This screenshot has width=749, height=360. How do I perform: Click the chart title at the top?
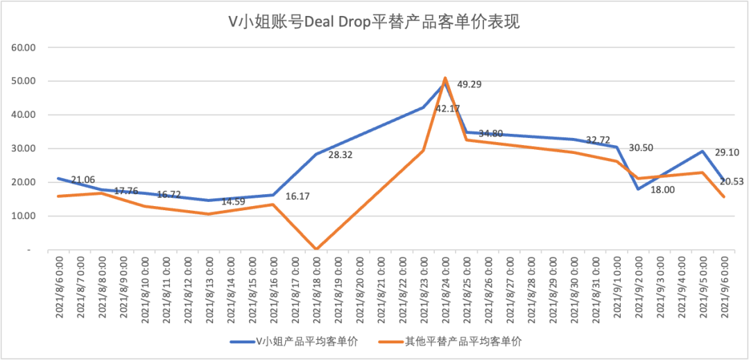pyautogui.click(x=374, y=22)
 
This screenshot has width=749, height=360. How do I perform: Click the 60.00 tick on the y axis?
pyautogui.click(x=24, y=47)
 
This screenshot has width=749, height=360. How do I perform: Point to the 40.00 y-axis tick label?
pyautogui.click(x=24, y=115)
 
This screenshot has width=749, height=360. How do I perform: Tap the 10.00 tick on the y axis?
pyautogui.click(x=24, y=216)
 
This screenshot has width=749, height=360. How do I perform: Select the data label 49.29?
pyautogui.click(x=469, y=85)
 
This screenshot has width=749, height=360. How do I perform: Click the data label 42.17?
pyautogui.click(x=448, y=108)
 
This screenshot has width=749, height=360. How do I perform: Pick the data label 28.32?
pyautogui.click(x=341, y=155)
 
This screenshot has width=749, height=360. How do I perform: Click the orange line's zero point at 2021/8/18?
pyautogui.click(x=316, y=249)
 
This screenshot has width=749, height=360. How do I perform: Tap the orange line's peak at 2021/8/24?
pyautogui.click(x=445, y=78)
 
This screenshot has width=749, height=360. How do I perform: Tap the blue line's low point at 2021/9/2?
pyautogui.click(x=639, y=189)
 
